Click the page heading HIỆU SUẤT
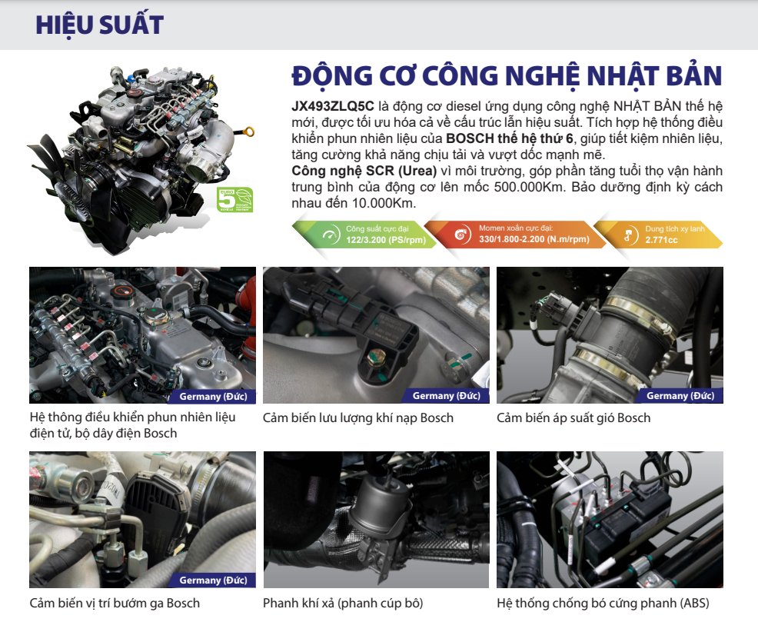pos(99,25)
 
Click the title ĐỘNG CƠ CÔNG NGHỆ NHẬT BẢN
pos(507,76)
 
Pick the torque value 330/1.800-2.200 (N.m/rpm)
pos(534,240)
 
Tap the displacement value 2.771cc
pos(661,240)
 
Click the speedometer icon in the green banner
pos(331,235)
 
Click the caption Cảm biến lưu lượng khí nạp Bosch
pos(357,418)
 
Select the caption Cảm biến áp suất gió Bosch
pos(573,418)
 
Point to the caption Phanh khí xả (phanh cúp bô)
pos(343,603)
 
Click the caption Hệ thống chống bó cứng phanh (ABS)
pos(603,603)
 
